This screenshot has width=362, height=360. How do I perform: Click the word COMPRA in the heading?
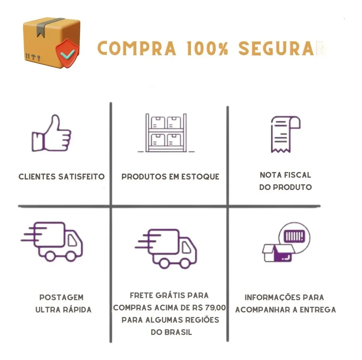coord(137,49)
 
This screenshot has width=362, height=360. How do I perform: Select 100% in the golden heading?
coord(207,49)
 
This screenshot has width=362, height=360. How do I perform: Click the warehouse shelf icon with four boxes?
coord(166,133)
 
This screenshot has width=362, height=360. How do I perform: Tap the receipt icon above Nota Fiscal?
coord(286,134)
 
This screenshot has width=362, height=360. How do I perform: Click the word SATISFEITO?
coord(81,177)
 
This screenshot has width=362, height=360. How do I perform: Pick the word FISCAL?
coord(297,175)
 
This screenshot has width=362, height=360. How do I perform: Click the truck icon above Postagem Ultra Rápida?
coord(52,242)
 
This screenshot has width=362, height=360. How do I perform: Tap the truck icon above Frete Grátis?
coord(166,249)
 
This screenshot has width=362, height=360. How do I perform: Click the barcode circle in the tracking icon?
coord(294,238)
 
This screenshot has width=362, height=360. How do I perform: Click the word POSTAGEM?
coord(62,297)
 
